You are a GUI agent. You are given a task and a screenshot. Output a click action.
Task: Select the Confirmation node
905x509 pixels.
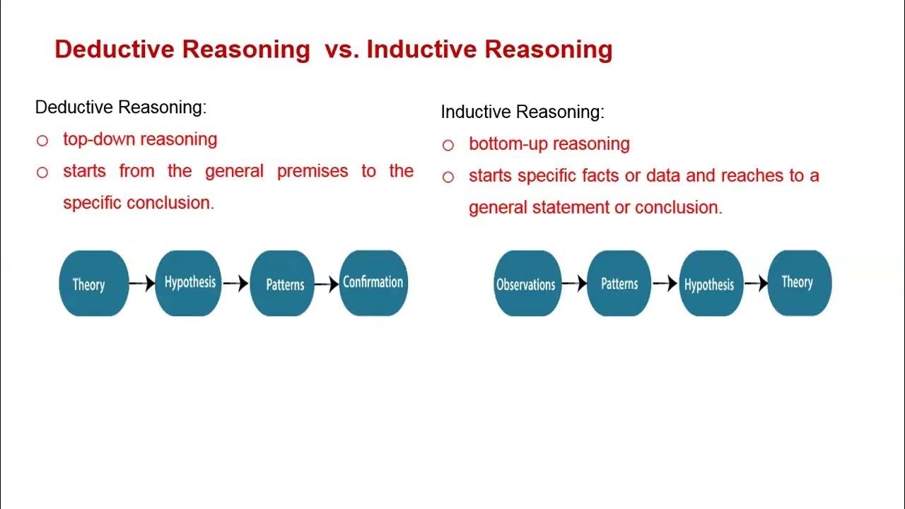[x=373, y=283]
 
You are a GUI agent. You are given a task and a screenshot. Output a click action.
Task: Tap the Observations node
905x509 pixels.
[x=527, y=283]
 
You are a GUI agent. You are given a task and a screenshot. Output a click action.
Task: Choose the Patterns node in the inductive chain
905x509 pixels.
[x=619, y=283]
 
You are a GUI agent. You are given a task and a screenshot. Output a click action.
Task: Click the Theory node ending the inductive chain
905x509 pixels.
[x=799, y=283]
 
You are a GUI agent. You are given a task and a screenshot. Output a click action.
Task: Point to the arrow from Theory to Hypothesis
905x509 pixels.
[x=141, y=283]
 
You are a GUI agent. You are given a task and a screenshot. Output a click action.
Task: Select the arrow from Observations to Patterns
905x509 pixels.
[x=574, y=283]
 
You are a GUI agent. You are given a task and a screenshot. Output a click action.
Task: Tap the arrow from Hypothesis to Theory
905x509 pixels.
[x=755, y=283]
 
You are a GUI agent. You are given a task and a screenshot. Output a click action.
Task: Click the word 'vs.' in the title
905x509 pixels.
[x=342, y=49]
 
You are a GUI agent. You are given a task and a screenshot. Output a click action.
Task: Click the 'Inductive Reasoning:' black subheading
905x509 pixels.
[x=522, y=112]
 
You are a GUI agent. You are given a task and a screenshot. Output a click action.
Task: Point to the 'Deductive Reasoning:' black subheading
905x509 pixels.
[x=120, y=107]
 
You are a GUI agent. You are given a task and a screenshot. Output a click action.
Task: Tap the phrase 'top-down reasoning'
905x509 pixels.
[x=140, y=139]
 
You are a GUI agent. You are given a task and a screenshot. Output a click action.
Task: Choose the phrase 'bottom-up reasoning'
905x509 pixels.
[x=549, y=144]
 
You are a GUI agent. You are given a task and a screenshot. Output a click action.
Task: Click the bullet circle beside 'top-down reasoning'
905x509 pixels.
[x=42, y=141]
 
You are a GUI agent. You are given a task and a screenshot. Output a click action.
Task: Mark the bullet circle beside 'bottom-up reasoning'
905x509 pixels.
[x=448, y=146]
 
